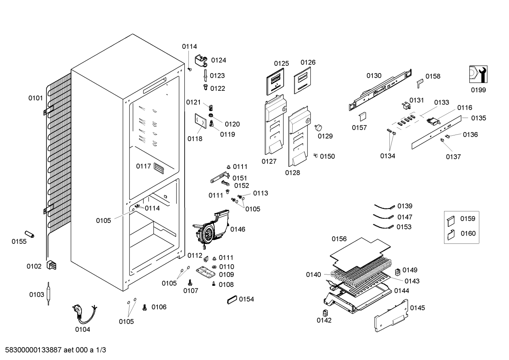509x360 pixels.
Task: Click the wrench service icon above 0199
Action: click(x=478, y=74)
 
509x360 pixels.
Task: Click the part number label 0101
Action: click(x=35, y=98)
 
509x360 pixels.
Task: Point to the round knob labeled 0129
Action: click(x=318, y=128)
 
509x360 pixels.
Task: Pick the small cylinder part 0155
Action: click(x=29, y=234)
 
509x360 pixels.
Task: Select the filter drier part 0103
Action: click(x=48, y=294)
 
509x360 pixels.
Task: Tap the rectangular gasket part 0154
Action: click(x=232, y=300)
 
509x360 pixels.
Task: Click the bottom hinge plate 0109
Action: click(x=205, y=272)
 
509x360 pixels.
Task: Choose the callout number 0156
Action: click(x=339, y=239)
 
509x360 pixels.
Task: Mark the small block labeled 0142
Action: click(x=325, y=313)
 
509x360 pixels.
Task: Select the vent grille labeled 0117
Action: click(x=158, y=168)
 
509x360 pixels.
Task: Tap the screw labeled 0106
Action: click(x=144, y=307)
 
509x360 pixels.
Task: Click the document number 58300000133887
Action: click(x=33, y=350)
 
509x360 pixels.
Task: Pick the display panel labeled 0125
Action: click(x=275, y=81)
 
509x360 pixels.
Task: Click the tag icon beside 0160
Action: click(x=451, y=235)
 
